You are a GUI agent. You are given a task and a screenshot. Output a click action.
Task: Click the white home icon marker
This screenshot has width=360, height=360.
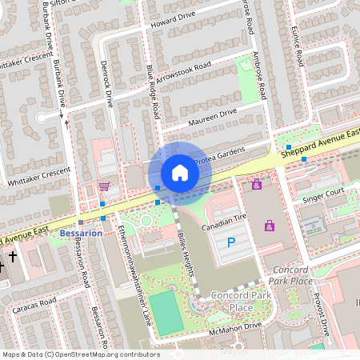180,172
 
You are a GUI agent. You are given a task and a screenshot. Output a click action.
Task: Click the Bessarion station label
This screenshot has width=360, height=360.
81,234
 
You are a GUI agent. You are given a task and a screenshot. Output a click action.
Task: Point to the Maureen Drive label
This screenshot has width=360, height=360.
213,118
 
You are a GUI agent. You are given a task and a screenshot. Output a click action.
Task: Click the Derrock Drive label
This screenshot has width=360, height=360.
106,83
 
